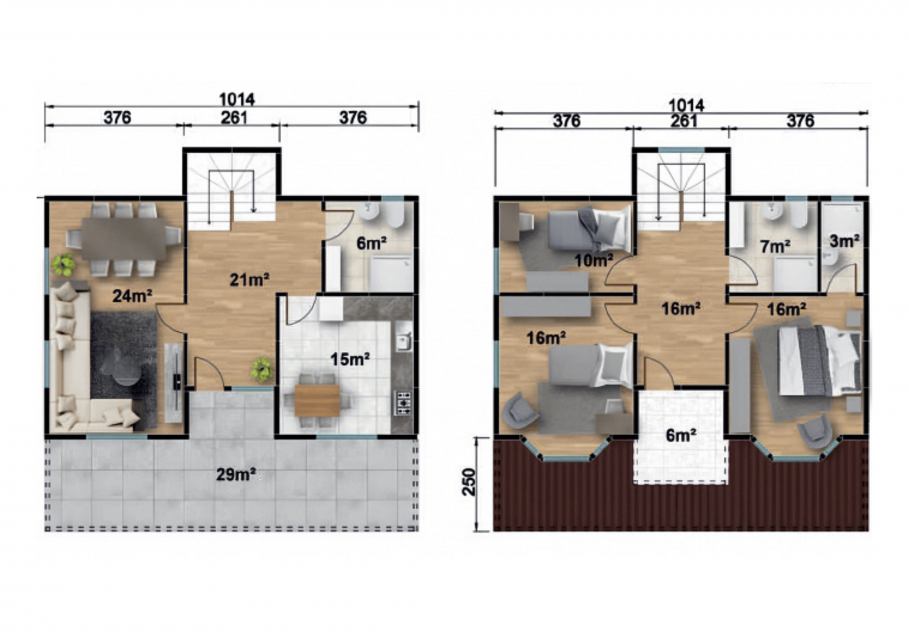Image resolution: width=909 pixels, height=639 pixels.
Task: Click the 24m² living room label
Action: (x=132, y=295)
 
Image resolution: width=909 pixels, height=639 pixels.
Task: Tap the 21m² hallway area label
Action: (x=249, y=279)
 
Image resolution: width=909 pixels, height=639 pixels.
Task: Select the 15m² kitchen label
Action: (x=350, y=359)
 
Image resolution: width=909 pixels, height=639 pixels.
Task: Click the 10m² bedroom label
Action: (x=593, y=260)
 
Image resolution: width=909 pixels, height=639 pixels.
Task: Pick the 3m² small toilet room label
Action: (x=845, y=241)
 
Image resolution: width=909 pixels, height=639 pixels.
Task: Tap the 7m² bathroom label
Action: (x=775, y=246)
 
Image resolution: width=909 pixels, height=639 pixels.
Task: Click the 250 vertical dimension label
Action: (x=469, y=482)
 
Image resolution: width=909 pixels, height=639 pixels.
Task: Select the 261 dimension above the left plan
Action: (x=234, y=118)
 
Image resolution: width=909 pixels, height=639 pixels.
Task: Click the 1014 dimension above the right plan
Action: (x=686, y=106)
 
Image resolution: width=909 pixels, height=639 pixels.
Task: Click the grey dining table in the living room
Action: (x=123, y=239)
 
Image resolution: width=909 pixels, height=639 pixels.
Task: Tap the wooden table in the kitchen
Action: (x=317, y=400)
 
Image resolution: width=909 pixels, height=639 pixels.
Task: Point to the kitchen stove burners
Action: (x=403, y=403)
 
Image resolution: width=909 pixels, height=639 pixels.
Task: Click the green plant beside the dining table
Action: (x=63, y=265)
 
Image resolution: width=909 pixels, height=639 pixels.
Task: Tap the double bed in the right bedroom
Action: (x=819, y=360)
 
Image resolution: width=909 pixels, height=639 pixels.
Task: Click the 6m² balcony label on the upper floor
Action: (x=681, y=436)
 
